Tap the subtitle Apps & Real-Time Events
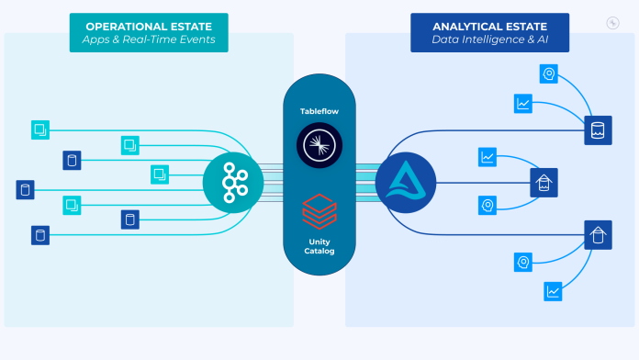(148, 41)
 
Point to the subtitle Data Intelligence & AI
(488, 41)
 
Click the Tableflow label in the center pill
(319, 111)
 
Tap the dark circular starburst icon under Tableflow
(319, 146)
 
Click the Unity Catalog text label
(319, 246)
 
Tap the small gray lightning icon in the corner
(613, 23)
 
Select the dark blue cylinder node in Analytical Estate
(598, 131)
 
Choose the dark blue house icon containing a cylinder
(598, 235)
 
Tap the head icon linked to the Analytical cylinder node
(550, 74)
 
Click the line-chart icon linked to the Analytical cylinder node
(523, 104)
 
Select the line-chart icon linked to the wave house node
(488, 157)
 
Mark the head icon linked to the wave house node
(488, 205)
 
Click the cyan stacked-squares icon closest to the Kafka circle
(160, 173)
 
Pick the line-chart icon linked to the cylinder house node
(554, 291)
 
